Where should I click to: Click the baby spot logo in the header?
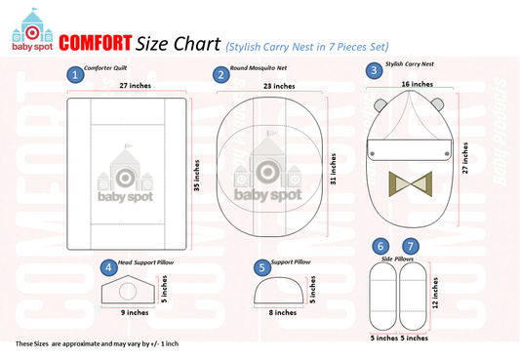coord(32,30)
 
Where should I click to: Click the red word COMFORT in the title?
coord(96,43)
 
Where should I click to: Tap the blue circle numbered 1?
coord(75,74)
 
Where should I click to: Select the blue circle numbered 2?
coord(221,74)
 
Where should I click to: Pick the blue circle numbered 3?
coord(374,70)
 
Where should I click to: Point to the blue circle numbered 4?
coord(108,267)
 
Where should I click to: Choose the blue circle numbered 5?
coord(262,267)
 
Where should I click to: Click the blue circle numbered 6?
coord(380,246)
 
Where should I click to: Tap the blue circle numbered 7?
coord(411,246)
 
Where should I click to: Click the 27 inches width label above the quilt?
coord(136,86)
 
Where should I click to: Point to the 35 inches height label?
coord(197,176)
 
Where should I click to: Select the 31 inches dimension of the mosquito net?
coord(333,169)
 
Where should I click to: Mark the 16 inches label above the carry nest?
coord(418,84)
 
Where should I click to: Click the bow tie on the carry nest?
coord(411,183)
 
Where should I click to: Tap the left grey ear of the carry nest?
coord(380,105)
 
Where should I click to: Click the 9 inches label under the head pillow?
coord(135,312)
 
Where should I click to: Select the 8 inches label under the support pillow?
coord(283,312)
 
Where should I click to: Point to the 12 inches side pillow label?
coord(435,293)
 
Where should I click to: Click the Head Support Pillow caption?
coord(145,262)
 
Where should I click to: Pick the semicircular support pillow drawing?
coord(279,290)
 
